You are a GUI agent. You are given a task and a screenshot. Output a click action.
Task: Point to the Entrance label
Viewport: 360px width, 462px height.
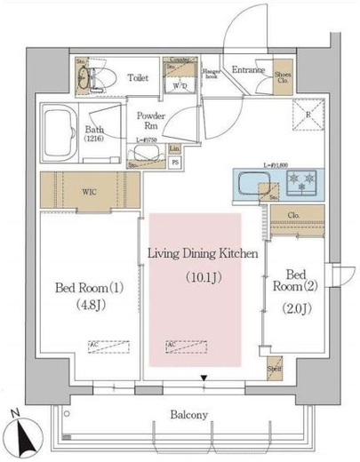[x=250, y=69]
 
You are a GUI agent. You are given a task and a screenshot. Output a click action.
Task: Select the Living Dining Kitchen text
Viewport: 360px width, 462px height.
[x=202, y=254]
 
